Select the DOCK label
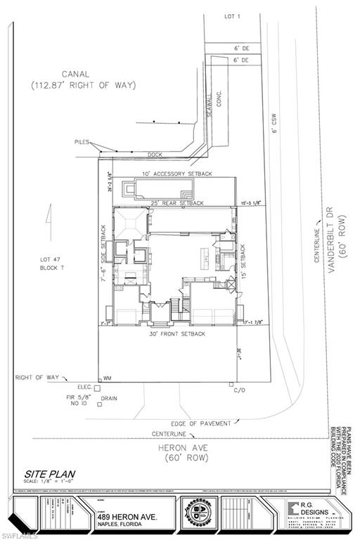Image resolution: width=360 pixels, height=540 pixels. tap(155, 154)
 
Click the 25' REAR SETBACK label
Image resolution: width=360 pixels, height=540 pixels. tap(176, 203)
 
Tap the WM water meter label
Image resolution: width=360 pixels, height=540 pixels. tap(108, 378)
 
